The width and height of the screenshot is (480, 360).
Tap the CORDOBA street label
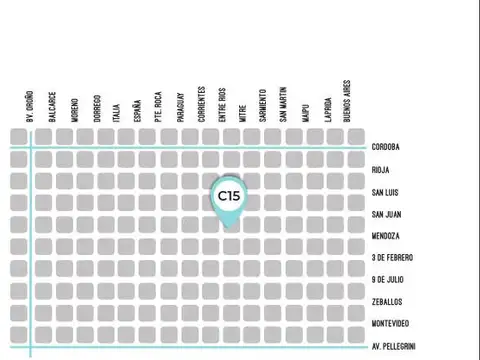tap(386, 147)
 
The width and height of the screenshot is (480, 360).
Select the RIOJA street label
tap(381, 170)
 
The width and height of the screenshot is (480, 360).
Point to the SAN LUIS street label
tap(386, 192)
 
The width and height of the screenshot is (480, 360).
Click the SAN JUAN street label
tap(387, 214)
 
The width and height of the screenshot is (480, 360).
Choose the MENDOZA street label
tap(386, 236)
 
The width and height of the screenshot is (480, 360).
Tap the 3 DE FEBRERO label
tap(392, 258)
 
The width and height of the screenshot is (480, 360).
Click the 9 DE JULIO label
tap(388, 280)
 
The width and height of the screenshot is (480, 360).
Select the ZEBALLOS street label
tap(387, 302)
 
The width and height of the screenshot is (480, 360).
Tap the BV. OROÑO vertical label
tap(31, 104)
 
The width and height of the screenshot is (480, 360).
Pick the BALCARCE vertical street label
tap(53, 108)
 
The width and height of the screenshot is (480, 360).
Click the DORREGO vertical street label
tap(97, 108)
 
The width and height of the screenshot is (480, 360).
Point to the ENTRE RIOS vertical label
tap(221, 105)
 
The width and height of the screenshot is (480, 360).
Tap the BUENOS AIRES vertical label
tap(346, 101)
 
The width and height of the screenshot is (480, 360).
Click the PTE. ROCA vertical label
tap(159, 107)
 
